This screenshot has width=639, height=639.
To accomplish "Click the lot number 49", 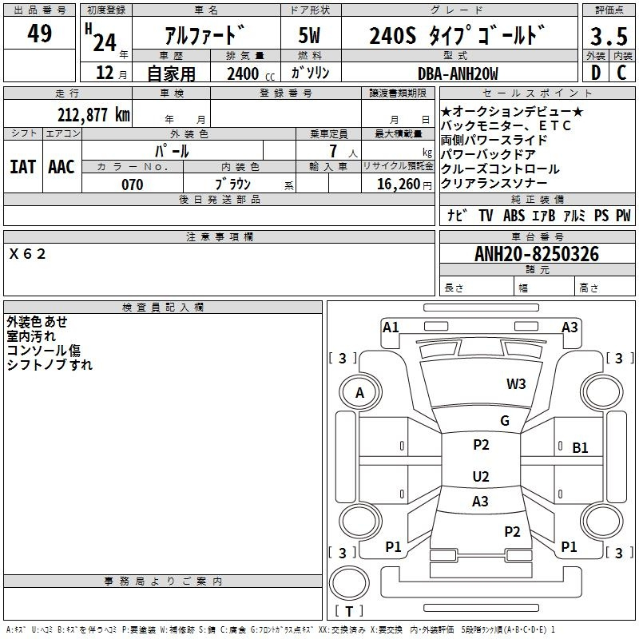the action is coord(39,34).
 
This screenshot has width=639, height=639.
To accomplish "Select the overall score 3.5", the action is coord(608,37).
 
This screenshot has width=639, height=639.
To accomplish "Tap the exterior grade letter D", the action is coord(595,73).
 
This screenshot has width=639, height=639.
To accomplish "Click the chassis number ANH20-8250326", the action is coord(536,254).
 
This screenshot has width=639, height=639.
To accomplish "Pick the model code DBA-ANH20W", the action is coord(458,73).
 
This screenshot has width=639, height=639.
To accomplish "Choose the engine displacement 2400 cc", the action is coord(244,73).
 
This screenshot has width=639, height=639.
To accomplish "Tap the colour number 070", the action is coord(132,185).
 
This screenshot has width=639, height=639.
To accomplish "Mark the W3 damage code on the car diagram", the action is coord(516,383).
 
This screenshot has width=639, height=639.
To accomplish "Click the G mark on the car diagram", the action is coord(504,421).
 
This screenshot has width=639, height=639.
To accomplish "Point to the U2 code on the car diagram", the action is coord(480,477).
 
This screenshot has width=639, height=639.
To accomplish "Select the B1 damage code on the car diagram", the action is coord(580,448).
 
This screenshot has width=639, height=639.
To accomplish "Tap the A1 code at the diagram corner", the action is coord(391,327).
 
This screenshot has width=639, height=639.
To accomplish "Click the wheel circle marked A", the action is coord(359,392).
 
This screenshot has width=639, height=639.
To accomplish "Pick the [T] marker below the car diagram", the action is coord(349,612).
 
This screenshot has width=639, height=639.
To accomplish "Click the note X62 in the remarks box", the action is coord(28,254).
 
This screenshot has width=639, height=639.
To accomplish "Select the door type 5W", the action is coord(310,36).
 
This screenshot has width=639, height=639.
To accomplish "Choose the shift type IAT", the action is coord(23,167).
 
